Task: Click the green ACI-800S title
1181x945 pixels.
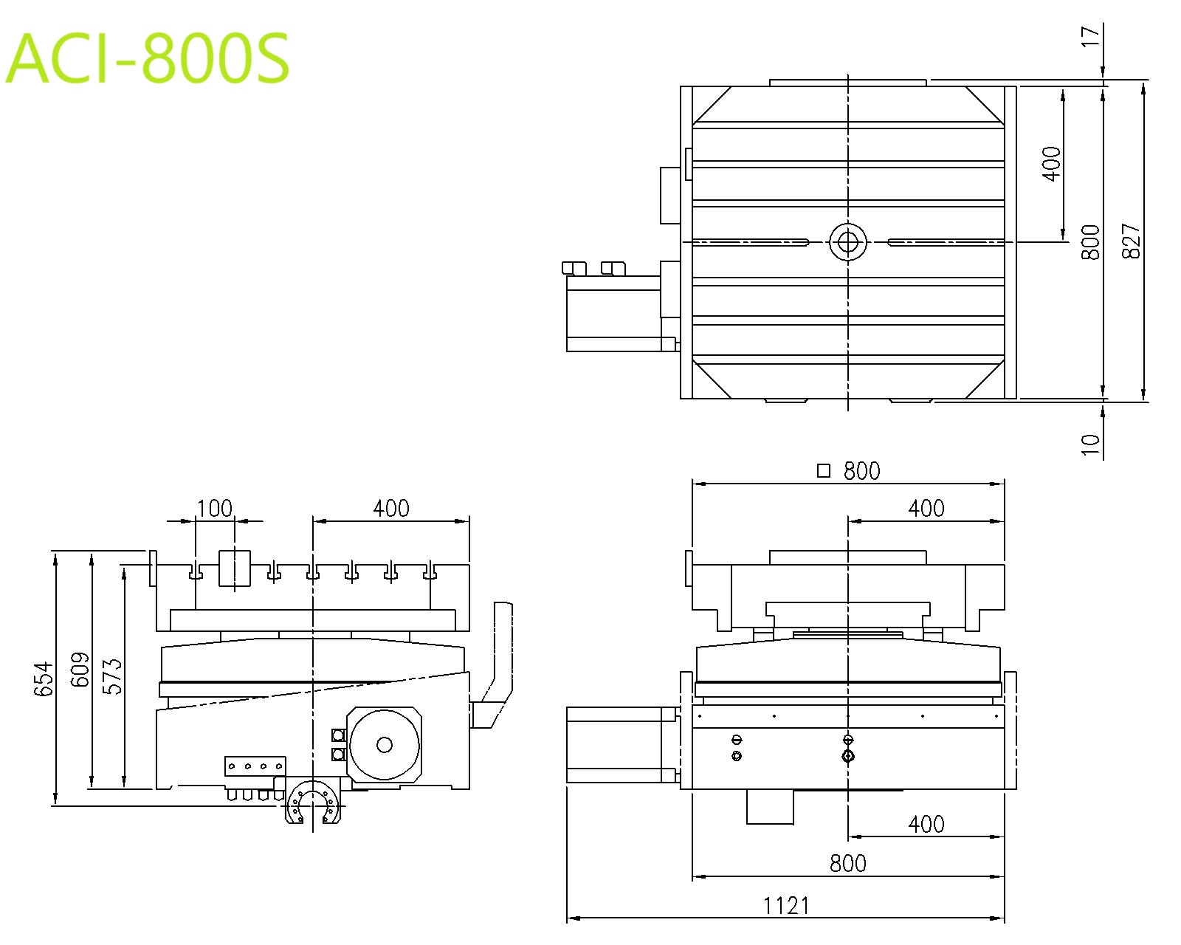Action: tap(148, 58)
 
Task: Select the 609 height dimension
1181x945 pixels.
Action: tap(80, 669)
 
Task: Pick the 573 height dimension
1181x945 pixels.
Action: tap(112, 676)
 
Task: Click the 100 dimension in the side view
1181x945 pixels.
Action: tap(215, 509)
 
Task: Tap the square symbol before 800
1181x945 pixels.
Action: tap(824, 470)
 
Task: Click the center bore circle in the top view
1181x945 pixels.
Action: tap(847, 241)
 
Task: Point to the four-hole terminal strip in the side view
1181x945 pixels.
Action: tap(255, 766)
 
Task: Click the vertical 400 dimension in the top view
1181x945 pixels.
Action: tap(1053, 164)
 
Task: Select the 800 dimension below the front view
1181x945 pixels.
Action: tap(847, 863)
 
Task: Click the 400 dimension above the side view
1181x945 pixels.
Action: tap(390, 509)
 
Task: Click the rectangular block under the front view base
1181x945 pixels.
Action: tap(770, 807)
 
